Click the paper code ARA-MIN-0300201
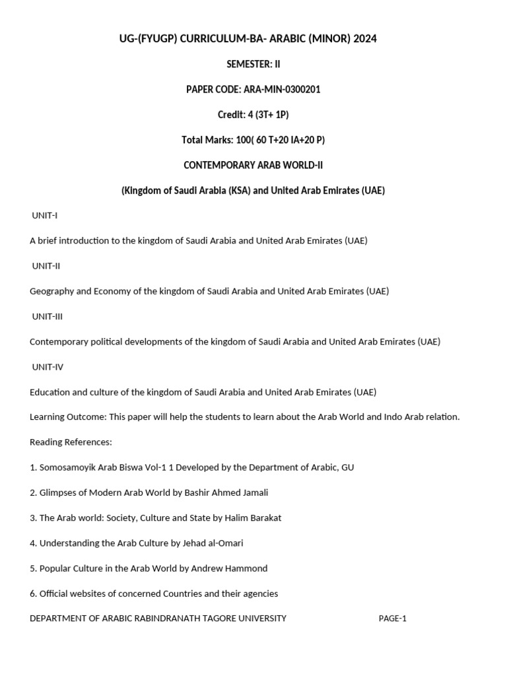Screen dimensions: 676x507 [x=282, y=89]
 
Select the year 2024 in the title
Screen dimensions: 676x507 [x=365, y=39]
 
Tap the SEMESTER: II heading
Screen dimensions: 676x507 [x=253, y=64]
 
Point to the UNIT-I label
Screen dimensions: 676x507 [x=45, y=215]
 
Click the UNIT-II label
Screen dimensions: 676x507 [x=46, y=265]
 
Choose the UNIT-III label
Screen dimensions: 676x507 [x=48, y=316]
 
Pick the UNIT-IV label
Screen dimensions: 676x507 [x=48, y=366]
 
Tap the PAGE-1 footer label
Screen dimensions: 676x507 [x=392, y=619]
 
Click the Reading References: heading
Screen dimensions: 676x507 [x=71, y=442]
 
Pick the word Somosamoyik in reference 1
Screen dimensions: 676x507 [x=69, y=467]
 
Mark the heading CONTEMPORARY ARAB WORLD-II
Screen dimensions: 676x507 [x=253, y=165]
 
